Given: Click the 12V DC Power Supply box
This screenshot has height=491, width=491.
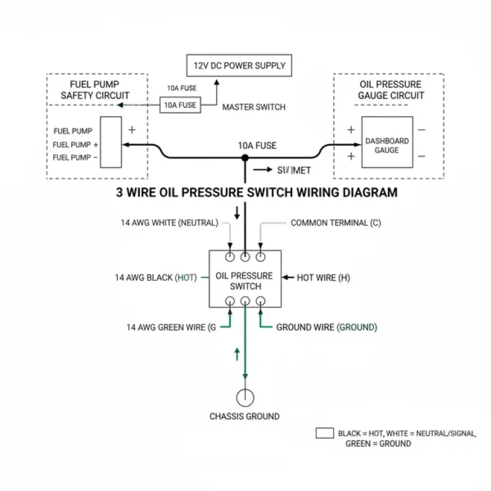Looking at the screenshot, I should tap(240, 66).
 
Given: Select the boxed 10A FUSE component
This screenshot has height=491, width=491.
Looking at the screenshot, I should tap(180, 105).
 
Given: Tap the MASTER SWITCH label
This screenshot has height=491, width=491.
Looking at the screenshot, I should tap(254, 107).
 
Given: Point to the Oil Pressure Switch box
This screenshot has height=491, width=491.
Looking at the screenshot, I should tap(245, 280).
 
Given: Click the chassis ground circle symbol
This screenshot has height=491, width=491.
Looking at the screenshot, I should tap(245, 397).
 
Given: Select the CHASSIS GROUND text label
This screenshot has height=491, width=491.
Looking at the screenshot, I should tap(245, 416).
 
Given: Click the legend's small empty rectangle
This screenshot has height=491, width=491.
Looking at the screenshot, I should tap(325, 433).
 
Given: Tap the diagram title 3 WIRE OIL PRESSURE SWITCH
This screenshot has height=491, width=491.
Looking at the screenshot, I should tap(256, 192).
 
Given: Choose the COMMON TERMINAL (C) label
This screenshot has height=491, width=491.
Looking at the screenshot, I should tap(336, 223).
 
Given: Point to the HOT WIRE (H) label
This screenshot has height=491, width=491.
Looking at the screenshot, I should tap(323, 277).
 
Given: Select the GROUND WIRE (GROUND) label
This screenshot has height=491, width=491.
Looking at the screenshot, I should tap(326, 327).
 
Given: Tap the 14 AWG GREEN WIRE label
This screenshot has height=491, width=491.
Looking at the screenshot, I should tap(170, 327).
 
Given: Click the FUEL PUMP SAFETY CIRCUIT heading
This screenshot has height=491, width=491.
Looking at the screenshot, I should tap(95, 90).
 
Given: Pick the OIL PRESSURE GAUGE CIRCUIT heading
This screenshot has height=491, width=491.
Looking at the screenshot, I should tap(390, 90).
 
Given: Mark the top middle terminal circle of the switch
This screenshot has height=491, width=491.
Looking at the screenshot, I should tap(245, 258).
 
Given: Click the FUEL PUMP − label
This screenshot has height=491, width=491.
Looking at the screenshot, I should tap(75, 157).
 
